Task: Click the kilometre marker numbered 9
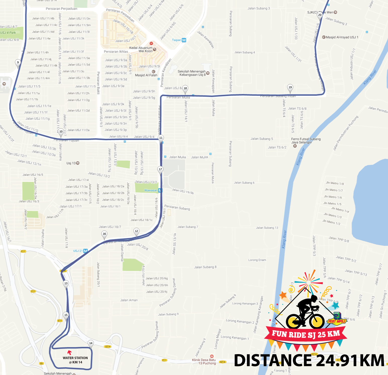pyautogui.click(x=18, y=63)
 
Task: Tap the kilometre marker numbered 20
pyautogui.click(x=320, y=15)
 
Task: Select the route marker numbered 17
pyautogui.click(x=160, y=169)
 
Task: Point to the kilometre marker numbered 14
pyautogui.click(x=91, y=343)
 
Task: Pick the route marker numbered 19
pyautogui.click(x=290, y=87)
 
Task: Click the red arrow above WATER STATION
pyautogui.click(x=70, y=353)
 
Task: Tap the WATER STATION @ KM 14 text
pyautogui.click(x=75, y=360)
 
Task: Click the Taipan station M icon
pyautogui.click(x=184, y=40)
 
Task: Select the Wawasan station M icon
pyautogui.click(x=160, y=190)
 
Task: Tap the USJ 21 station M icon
pyautogui.click(x=86, y=251)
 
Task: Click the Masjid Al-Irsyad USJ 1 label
pyautogui.click(x=342, y=37)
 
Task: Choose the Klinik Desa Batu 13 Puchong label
pyautogui.click(x=204, y=361)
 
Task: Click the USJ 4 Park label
pyautogui.click(x=8, y=33)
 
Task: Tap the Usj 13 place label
pyautogui.click(x=71, y=163)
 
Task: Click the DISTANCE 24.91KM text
pyautogui.click(x=309, y=360)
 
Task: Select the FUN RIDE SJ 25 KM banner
pyautogui.click(x=306, y=334)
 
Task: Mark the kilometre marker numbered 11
pyautogui.click(x=161, y=138)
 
